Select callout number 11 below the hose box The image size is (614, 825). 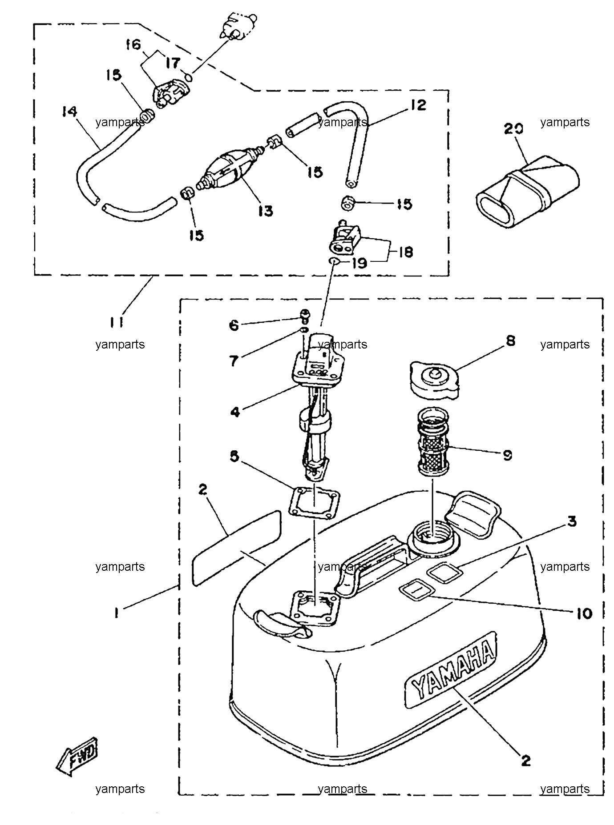pyautogui.click(x=117, y=321)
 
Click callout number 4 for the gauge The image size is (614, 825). pyautogui.click(x=234, y=412)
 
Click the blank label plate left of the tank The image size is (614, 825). pyautogui.click(x=236, y=548)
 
